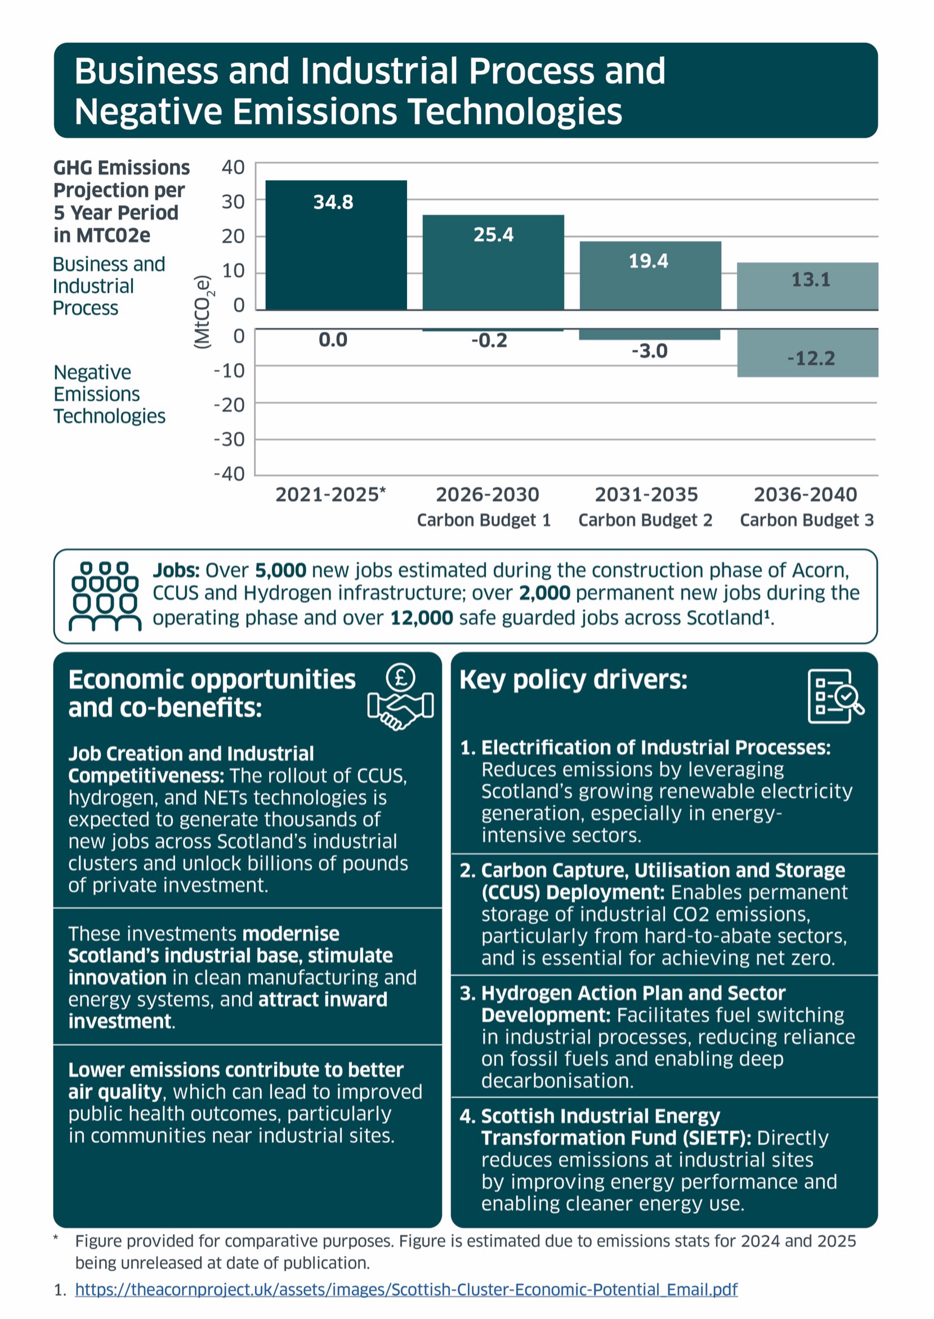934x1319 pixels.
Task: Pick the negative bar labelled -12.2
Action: [x=807, y=354]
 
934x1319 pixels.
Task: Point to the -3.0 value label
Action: [x=649, y=351]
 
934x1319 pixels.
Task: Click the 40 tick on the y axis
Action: [x=233, y=167]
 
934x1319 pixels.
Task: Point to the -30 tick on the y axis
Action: [x=229, y=439]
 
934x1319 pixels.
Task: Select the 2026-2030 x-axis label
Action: [x=487, y=494]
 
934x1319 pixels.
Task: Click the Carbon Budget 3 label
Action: [x=806, y=520]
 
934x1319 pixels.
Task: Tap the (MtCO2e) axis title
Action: [x=203, y=312]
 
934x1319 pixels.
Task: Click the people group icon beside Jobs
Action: [x=105, y=596]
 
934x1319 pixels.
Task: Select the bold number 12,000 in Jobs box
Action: [x=422, y=618]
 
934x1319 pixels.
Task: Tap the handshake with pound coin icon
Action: [x=400, y=696]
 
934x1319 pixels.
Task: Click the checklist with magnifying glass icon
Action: [x=835, y=696]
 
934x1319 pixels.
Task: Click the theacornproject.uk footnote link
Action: [x=405, y=1289]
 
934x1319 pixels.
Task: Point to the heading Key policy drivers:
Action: [x=573, y=679]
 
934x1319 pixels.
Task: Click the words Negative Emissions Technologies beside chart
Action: [x=109, y=394]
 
